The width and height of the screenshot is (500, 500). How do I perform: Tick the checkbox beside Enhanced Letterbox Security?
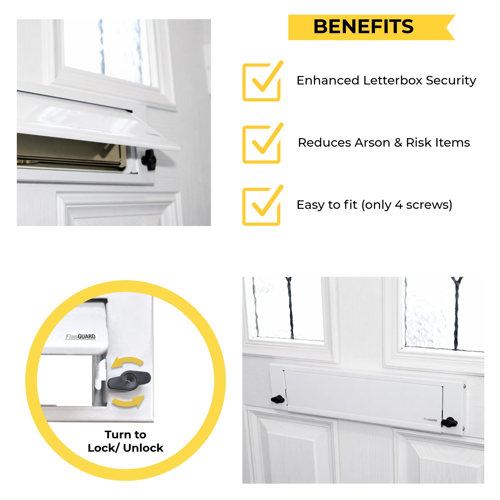pyautogui.click(x=261, y=82)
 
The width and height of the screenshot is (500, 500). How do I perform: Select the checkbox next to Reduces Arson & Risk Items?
pyautogui.click(x=261, y=144)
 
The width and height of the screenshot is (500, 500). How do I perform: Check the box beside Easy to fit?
pyautogui.click(x=261, y=206)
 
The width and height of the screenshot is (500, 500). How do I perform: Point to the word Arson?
pyautogui.click(x=372, y=143)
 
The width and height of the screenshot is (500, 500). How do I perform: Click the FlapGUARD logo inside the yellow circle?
pyautogui.click(x=80, y=336)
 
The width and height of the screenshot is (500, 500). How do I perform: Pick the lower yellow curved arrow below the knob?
pyautogui.click(x=128, y=401)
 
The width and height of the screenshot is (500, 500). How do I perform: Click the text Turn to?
pyautogui.click(x=126, y=434)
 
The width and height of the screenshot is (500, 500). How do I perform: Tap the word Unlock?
pyautogui.click(x=143, y=448)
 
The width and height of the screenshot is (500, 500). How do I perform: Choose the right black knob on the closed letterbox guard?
pyautogui.click(x=449, y=422)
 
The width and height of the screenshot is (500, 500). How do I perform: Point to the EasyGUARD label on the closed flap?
pyautogui.click(x=430, y=420)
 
